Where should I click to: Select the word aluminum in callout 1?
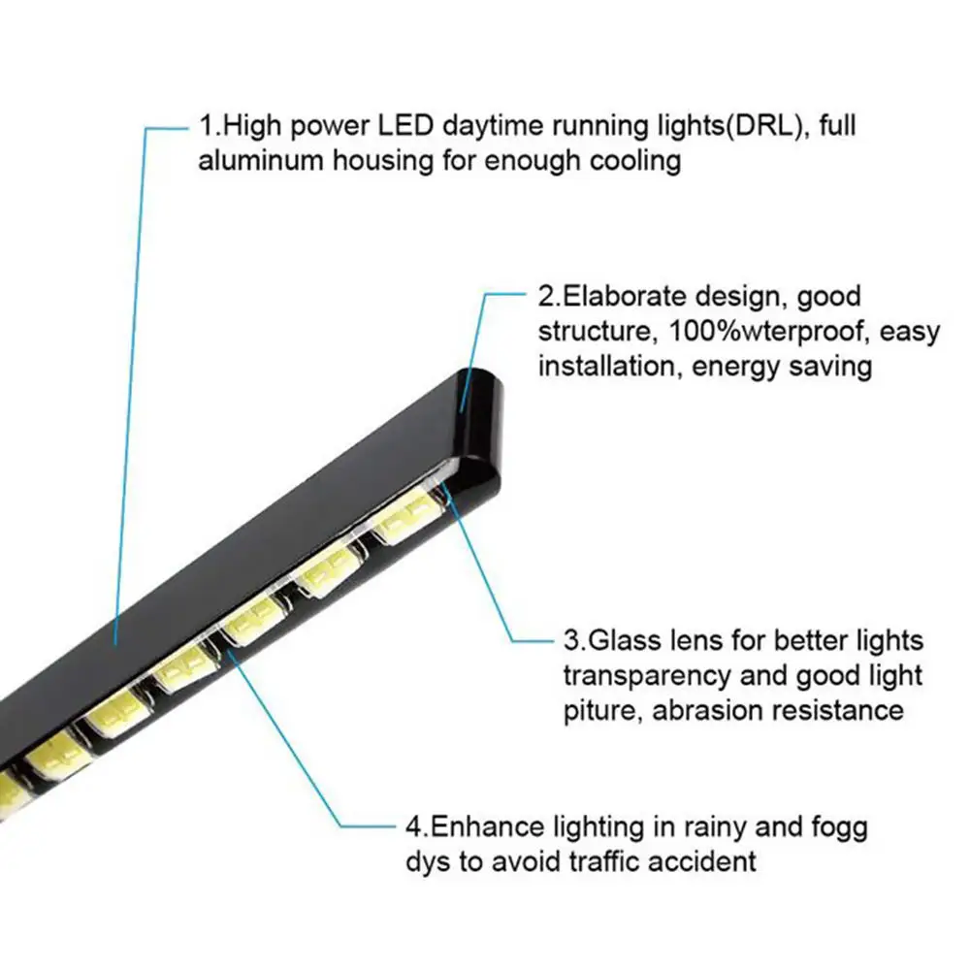tap(261, 160)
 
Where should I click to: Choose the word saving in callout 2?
tap(825, 366)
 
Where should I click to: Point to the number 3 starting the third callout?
tap(571, 641)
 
